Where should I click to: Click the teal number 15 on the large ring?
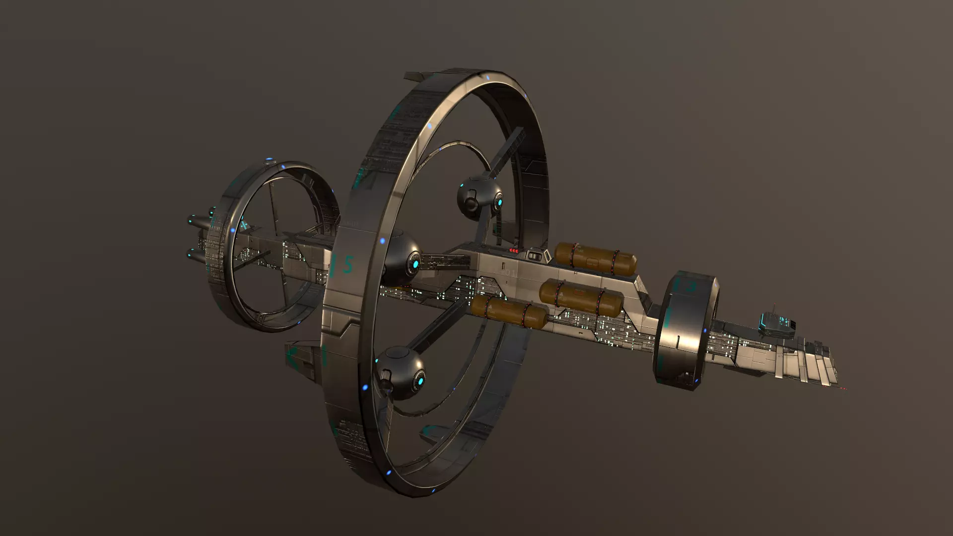[x=342, y=266]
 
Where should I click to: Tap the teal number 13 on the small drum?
[x=685, y=286]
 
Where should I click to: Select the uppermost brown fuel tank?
[x=595, y=258]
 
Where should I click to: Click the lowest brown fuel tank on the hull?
[x=509, y=311]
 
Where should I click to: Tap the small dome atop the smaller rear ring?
[x=270, y=161]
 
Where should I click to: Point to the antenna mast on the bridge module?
[x=774, y=308]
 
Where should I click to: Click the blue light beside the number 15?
[x=382, y=241]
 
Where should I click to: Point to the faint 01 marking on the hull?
[x=510, y=273]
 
